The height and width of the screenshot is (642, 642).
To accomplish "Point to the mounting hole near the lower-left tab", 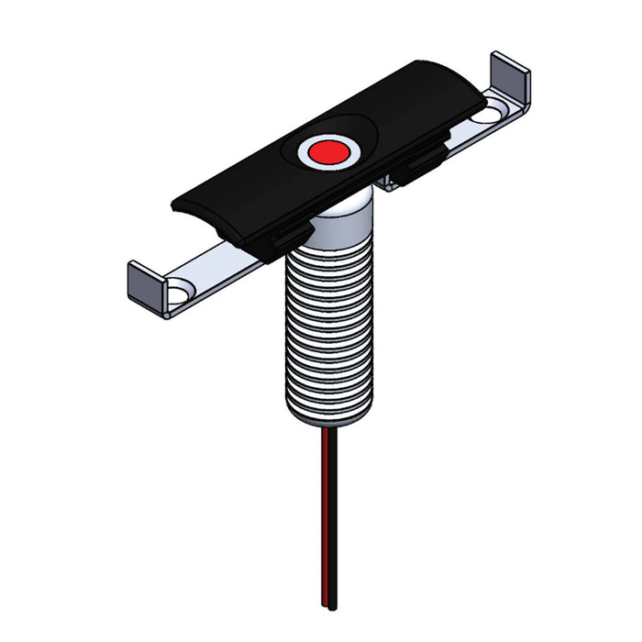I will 179,293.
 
